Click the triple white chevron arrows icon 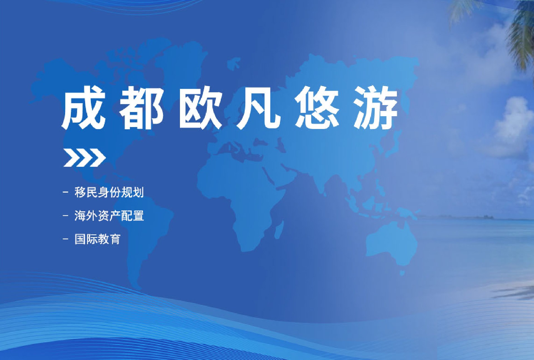coord(85,158)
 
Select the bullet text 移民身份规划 coord(109,192)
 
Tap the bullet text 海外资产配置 coord(109,216)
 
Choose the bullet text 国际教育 coord(97,239)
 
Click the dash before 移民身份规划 coord(66,192)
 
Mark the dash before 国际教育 coord(66,239)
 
